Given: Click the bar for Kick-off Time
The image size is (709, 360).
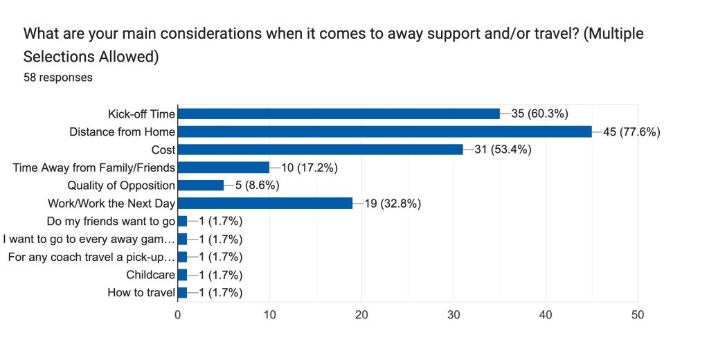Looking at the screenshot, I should point(339,114).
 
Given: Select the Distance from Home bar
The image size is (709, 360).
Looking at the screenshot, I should point(385,132).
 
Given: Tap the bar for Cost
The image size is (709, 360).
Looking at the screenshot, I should point(321,150).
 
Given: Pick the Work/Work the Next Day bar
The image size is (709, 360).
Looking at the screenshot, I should point(265,203).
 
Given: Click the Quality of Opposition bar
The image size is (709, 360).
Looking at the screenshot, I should point(201,185).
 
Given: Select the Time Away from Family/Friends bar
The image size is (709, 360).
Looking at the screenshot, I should point(224,167).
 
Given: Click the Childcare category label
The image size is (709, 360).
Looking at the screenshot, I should point(150,275).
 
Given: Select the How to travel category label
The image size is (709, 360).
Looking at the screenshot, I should point(141,292).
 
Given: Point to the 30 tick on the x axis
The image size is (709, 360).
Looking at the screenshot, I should point(454,314).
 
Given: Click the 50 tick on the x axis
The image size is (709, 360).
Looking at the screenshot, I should point(638,314).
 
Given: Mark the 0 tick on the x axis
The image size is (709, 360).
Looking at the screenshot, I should point(178,314).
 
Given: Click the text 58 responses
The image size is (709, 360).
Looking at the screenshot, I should point(58,78).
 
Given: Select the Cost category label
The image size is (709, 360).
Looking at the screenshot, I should point(163,150).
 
